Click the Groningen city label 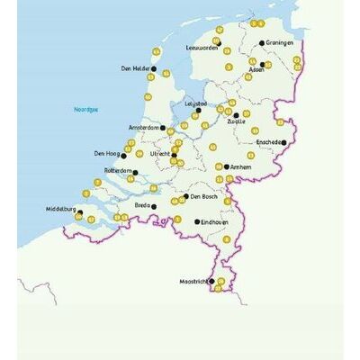[280, 42]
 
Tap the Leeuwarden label [202, 49]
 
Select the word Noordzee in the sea [86, 109]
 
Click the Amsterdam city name [144, 127]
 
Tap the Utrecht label [159, 154]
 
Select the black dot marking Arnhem [226, 166]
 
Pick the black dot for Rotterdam [136, 170]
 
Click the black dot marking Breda [154, 206]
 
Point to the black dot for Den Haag [123, 154]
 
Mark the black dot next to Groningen [262, 42]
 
